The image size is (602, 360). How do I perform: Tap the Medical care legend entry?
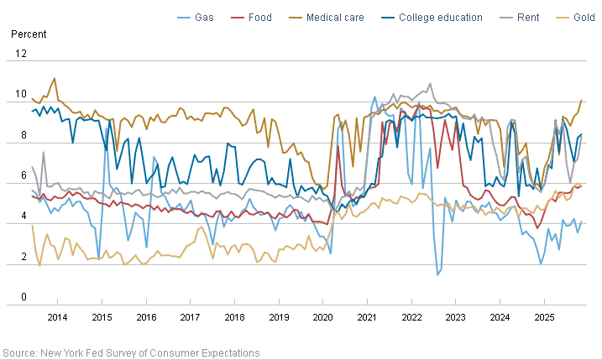point(335,17)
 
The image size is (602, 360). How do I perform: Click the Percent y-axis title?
point(29,34)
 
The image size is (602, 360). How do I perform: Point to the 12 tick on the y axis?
point(22,54)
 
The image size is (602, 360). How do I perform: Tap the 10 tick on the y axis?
point(22,94)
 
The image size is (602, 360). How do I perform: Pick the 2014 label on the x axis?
point(57,317)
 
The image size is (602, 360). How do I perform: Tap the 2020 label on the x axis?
point(322,317)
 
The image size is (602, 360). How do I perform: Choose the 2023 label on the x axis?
point(455,317)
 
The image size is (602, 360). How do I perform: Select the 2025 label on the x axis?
point(544,317)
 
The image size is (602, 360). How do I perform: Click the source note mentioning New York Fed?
point(131,352)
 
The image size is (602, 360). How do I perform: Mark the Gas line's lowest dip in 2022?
point(437,274)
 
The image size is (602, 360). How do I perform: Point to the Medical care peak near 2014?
point(55,79)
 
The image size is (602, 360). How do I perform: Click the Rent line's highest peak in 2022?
point(431,84)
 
